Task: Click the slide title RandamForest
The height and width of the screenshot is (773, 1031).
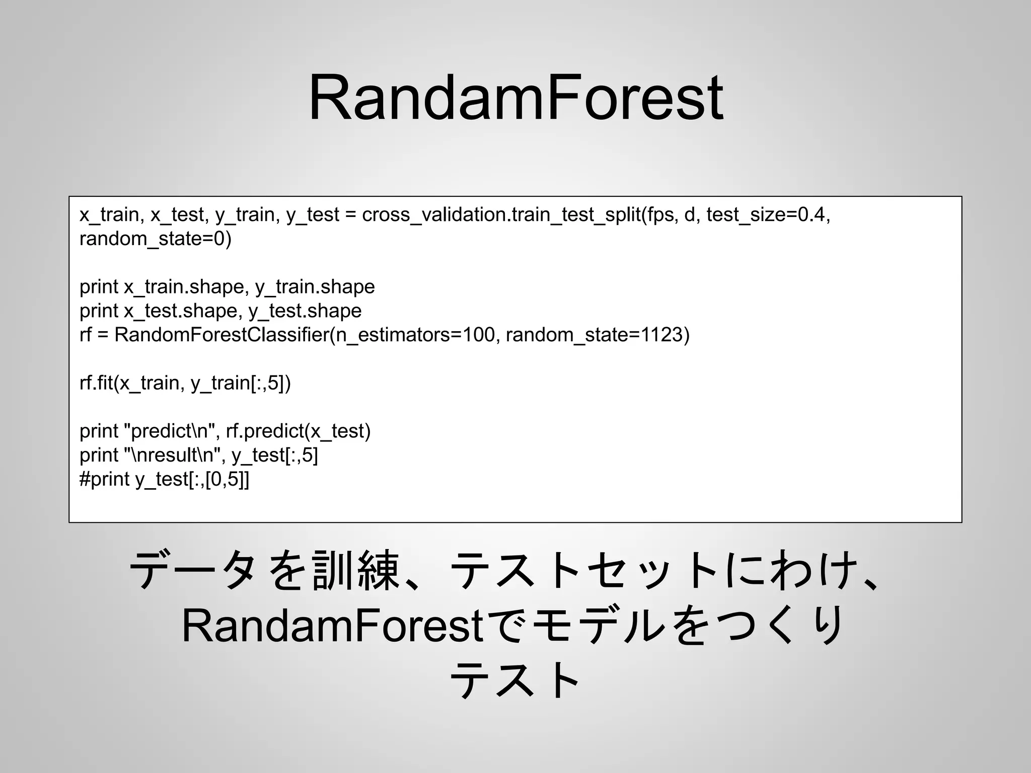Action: pyautogui.click(x=515, y=98)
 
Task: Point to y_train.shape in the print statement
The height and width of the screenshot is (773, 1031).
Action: pyautogui.click(x=315, y=287)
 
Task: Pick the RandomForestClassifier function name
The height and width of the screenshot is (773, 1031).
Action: pyautogui.click(x=222, y=335)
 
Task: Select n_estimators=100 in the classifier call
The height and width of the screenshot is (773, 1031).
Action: pyautogui.click(x=415, y=335)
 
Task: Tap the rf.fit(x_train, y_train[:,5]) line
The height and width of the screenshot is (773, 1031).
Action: pyautogui.click(x=185, y=383)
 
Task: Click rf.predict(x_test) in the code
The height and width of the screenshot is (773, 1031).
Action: pyautogui.click(x=298, y=432)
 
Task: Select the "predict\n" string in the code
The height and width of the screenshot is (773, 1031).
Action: pyautogui.click(x=172, y=432)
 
